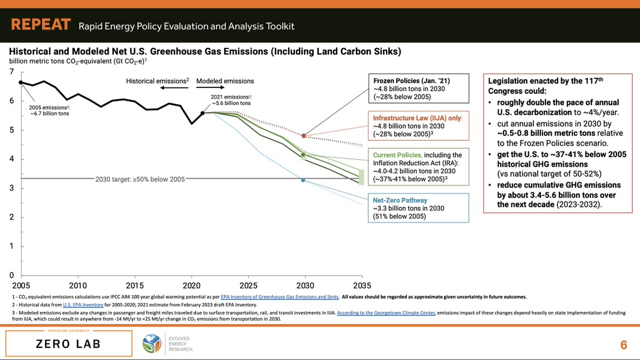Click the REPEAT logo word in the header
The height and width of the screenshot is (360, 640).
click(x=41, y=25)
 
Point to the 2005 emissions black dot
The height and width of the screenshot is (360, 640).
click(x=21, y=82)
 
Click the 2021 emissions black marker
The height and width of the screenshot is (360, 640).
click(x=203, y=113)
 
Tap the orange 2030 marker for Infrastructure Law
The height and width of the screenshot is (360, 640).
click(x=303, y=136)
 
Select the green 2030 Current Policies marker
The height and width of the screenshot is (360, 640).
click(x=303, y=155)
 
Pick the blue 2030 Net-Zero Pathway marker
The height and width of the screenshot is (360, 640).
click(x=303, y=180)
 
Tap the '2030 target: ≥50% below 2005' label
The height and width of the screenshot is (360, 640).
click(x=140, y=179)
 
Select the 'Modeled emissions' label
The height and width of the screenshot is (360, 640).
click(x=225, y=81)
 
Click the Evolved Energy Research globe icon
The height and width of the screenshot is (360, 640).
click(x=154, y=344)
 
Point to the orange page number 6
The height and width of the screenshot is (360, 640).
click(x=623, y=345)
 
